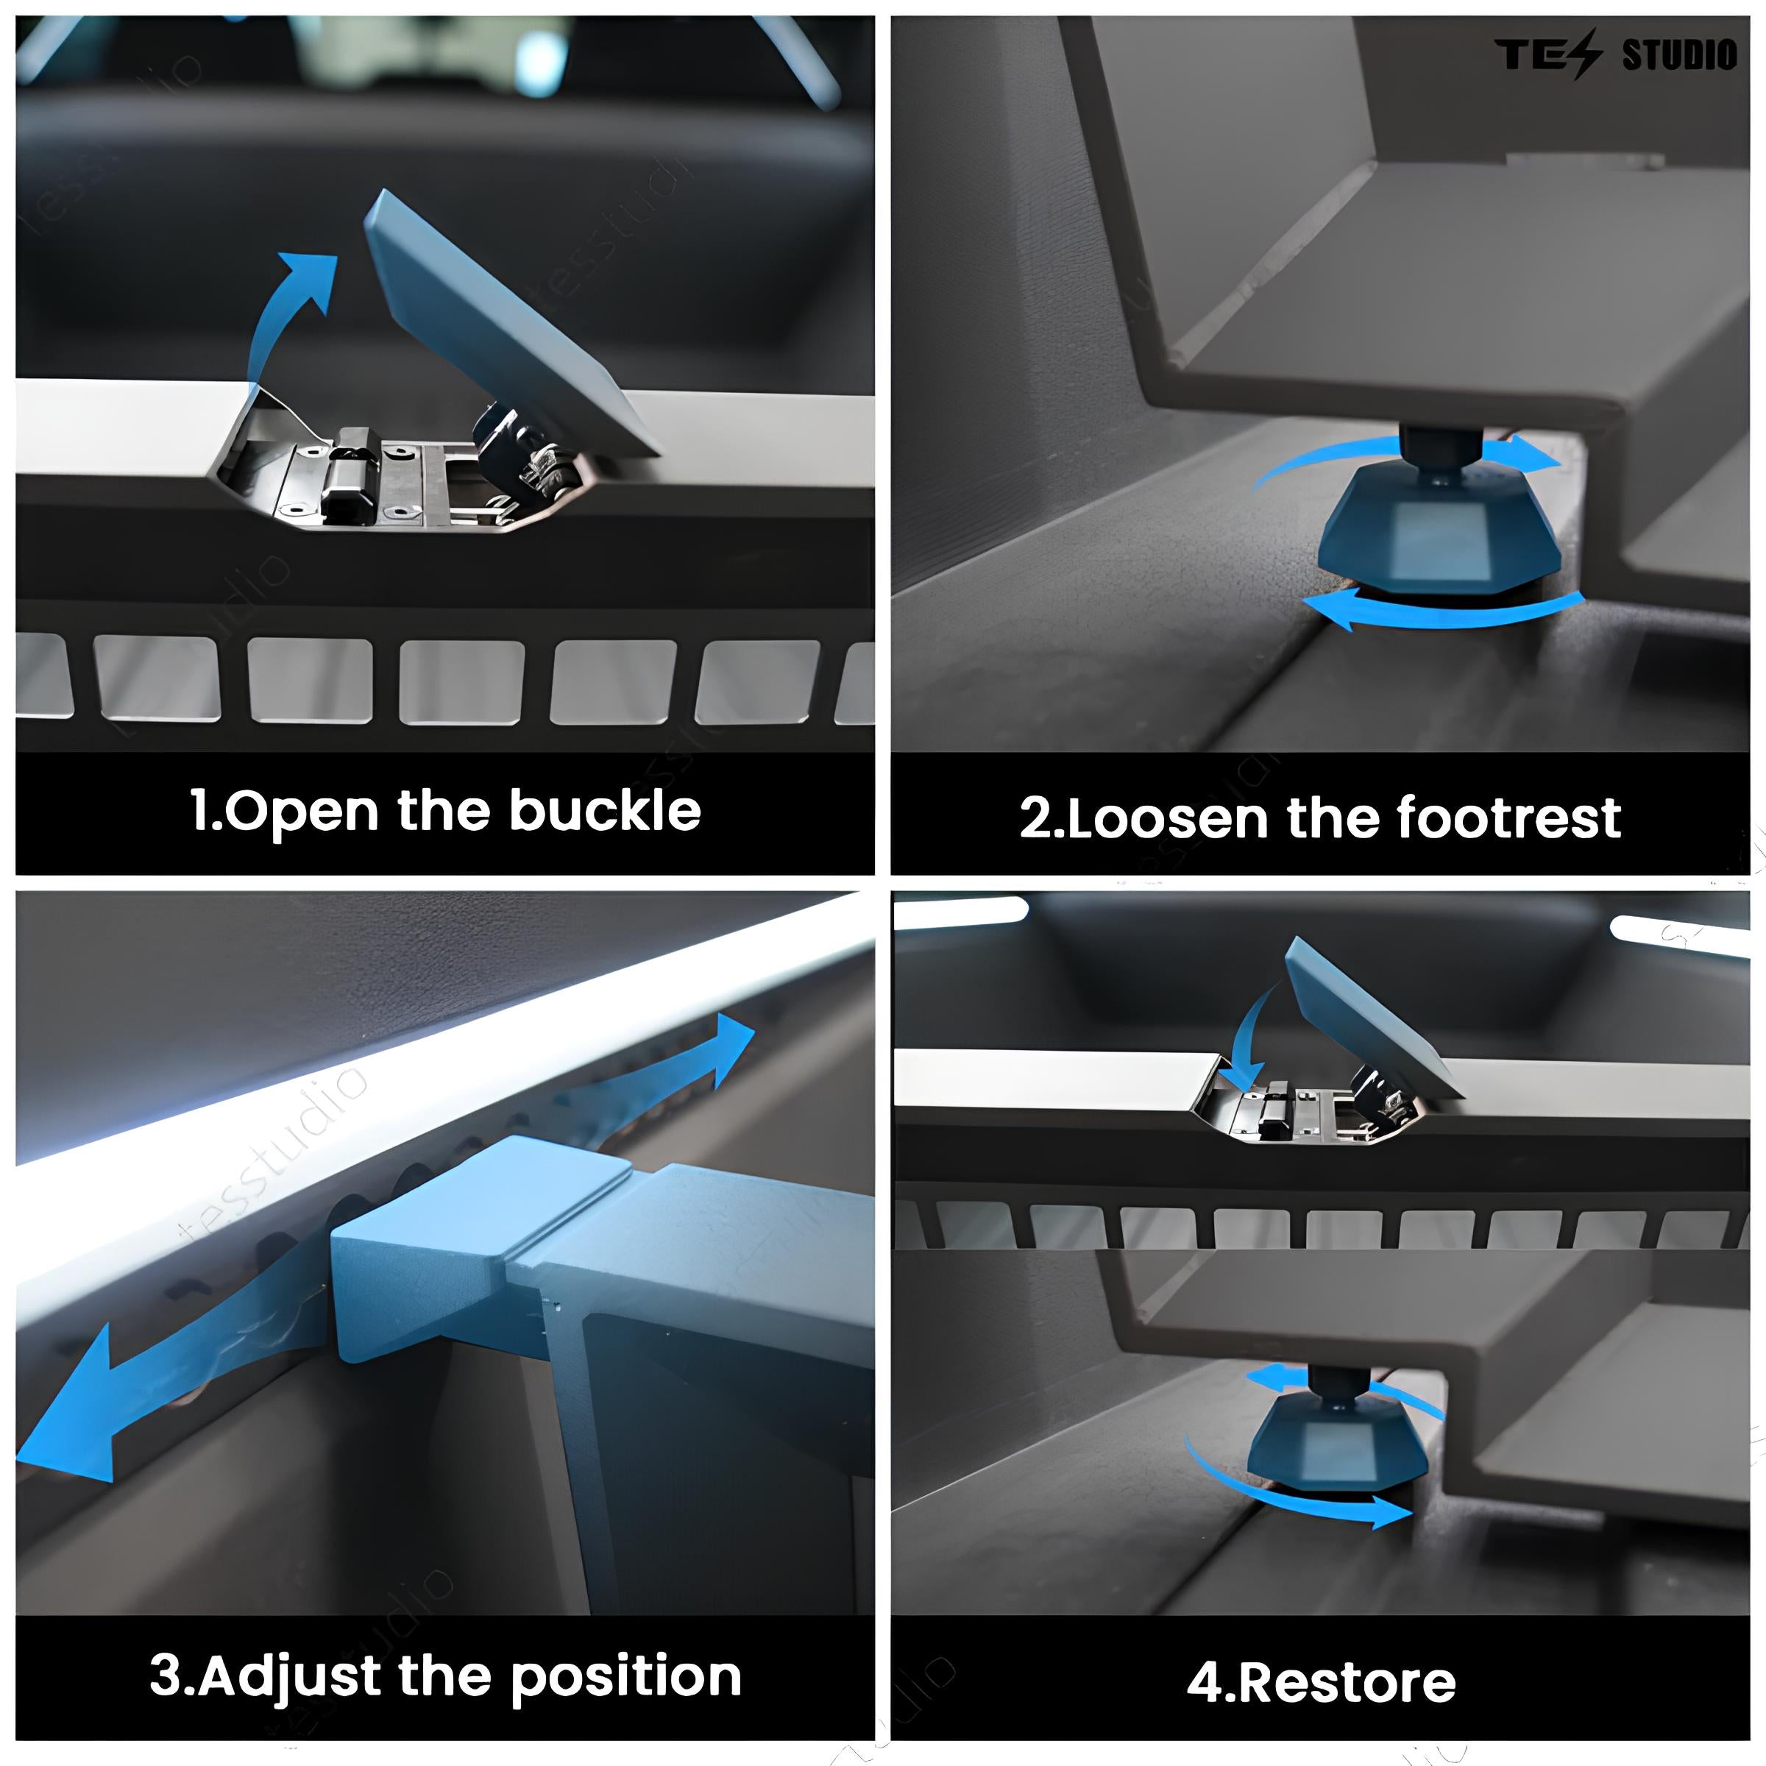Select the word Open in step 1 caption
point(302,812)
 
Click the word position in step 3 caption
point(625,1676)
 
